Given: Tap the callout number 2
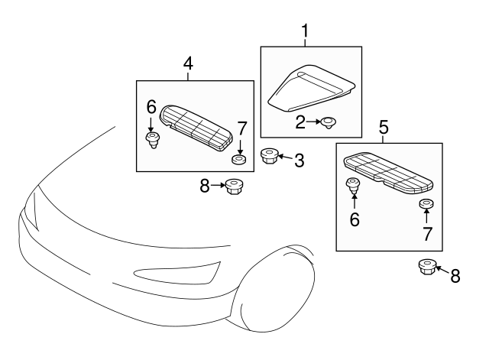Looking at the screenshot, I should pyautogui.click(x=301, y=120).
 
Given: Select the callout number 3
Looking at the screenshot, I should pyautogui.click(x=299, y=160).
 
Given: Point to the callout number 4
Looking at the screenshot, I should pyautogui.click(x=188, y=65).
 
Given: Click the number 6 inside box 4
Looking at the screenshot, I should pyautogui.click(x=151, y=108).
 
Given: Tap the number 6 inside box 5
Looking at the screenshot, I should pyautogui.click(x=355, y=219).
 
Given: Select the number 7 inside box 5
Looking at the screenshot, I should pyautogui.click(x=426, y=234).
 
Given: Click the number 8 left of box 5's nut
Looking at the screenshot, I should pyautogui.click(x=205, y=185).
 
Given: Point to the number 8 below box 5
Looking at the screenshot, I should pyautogui.click(x=455, y=276).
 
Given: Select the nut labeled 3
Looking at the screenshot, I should pyautogui.click(x=268, y=157).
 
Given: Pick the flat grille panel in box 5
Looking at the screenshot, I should pyautogui.click(x=388, y=171).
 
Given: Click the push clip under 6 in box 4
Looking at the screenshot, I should pyautogui.click(x=152, y=140).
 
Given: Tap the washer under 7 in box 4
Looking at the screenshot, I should pyautogui.click(x=239, y=160).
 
